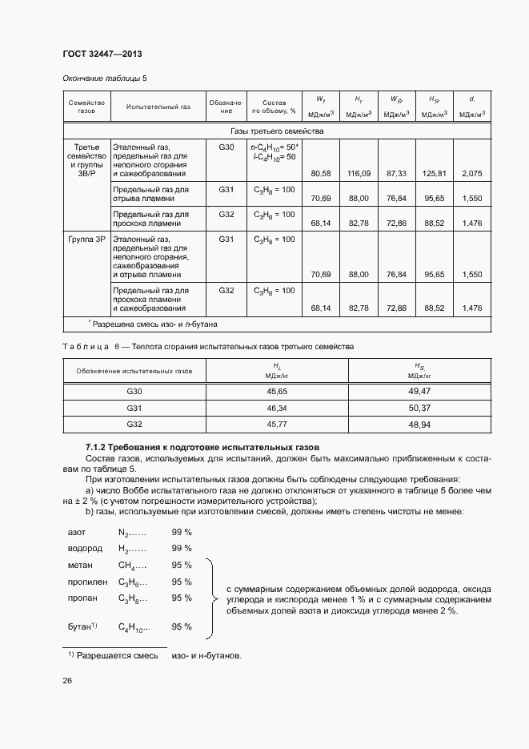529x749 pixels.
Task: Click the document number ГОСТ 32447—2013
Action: pos(102,54)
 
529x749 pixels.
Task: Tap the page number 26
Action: pos(67,681)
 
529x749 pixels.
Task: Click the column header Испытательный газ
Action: pos(152,107)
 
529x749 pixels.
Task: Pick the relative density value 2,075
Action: pos(472,173)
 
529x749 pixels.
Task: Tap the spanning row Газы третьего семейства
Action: pos(277,131)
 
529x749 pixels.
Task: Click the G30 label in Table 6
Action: pos(134,391)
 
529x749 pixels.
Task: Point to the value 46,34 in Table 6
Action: pos(277,408)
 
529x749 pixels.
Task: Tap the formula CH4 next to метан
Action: pos(130,566)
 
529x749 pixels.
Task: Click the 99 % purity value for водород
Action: pos(182,549)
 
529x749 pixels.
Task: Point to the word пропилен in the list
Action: pos(88,582)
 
